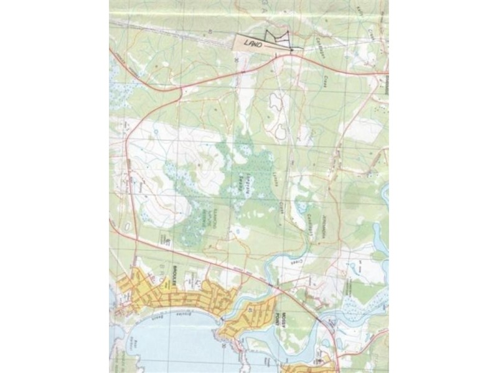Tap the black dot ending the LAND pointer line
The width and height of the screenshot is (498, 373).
(x=291, y=49)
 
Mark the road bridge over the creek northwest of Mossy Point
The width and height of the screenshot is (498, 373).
(x=271, y=284)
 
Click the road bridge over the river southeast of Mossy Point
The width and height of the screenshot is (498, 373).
(x=321, y=321)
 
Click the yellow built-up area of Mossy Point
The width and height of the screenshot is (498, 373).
(x=255, y=317)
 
